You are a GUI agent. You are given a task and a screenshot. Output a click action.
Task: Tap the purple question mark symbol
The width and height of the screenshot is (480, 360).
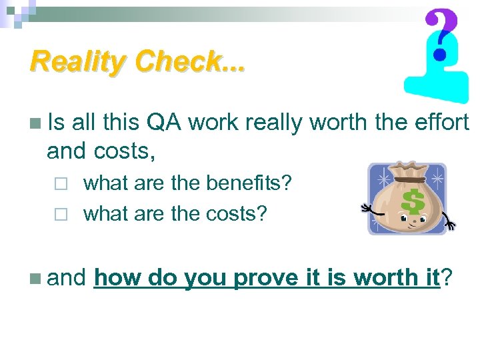[x=441, y=33]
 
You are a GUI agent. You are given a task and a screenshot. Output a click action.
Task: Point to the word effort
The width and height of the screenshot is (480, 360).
[x=438, y=122]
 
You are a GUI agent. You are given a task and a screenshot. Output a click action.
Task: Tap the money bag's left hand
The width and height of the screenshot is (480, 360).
[x=367, y=209]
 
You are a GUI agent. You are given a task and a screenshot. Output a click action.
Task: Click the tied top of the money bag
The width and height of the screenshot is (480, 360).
[x=407, y=173]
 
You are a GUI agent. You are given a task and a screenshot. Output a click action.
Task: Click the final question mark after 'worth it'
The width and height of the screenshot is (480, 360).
[x=447, y=277]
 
